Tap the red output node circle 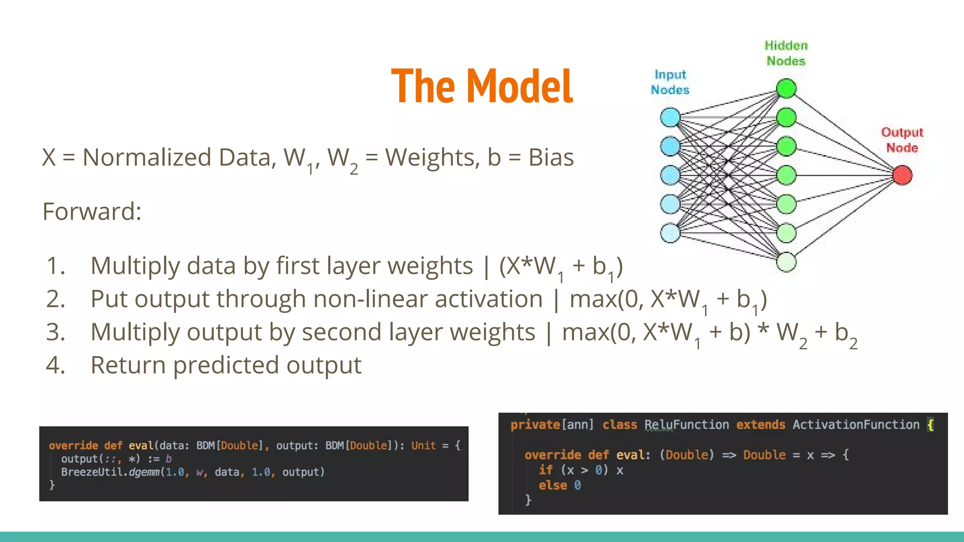point(902,175)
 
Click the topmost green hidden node point(786,88)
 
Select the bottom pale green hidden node point(786,262)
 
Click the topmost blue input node point(670,117)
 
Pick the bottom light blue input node point(670,233)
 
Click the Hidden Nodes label point(786,53)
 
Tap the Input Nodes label point(670,82)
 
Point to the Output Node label point(902,140)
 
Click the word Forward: point(92,211)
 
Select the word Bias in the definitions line point(551,157)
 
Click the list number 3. point(55,332)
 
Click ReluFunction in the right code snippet point(686,425)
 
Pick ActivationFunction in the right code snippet point(855,425)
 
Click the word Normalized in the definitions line point(146,157)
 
